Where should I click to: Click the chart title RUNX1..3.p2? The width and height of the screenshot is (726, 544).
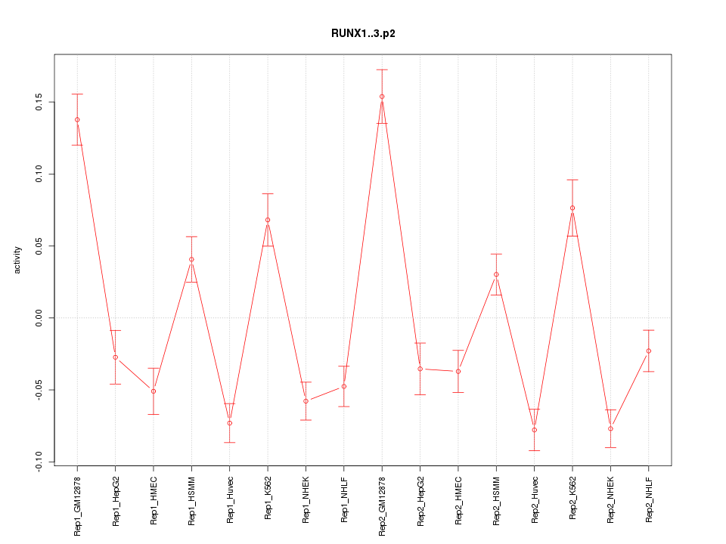(363, 33)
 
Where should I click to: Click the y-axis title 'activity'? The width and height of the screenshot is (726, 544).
(17, 261)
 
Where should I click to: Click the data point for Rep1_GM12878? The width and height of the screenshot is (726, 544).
(77, 119)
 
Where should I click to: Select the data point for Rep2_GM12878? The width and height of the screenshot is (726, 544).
(382, 96)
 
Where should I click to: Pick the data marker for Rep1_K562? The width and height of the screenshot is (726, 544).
(268, 220)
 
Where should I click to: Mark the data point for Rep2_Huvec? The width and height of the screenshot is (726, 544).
(534, 430)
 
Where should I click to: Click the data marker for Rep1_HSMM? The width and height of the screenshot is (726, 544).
(191, 259)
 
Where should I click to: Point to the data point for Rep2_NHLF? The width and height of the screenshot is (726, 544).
(648, 351)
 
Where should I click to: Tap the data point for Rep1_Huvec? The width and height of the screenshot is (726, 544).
(230, 423)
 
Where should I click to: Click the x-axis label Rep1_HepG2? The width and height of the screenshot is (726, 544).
(116, 500)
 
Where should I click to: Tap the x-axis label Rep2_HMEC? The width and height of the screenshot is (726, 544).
(458, 499)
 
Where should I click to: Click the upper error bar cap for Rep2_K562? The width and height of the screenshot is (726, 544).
(572, 180)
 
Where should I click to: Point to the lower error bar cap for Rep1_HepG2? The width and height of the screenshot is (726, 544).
(115, 385)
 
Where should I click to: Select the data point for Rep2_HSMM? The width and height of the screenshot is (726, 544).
(496, 274)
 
